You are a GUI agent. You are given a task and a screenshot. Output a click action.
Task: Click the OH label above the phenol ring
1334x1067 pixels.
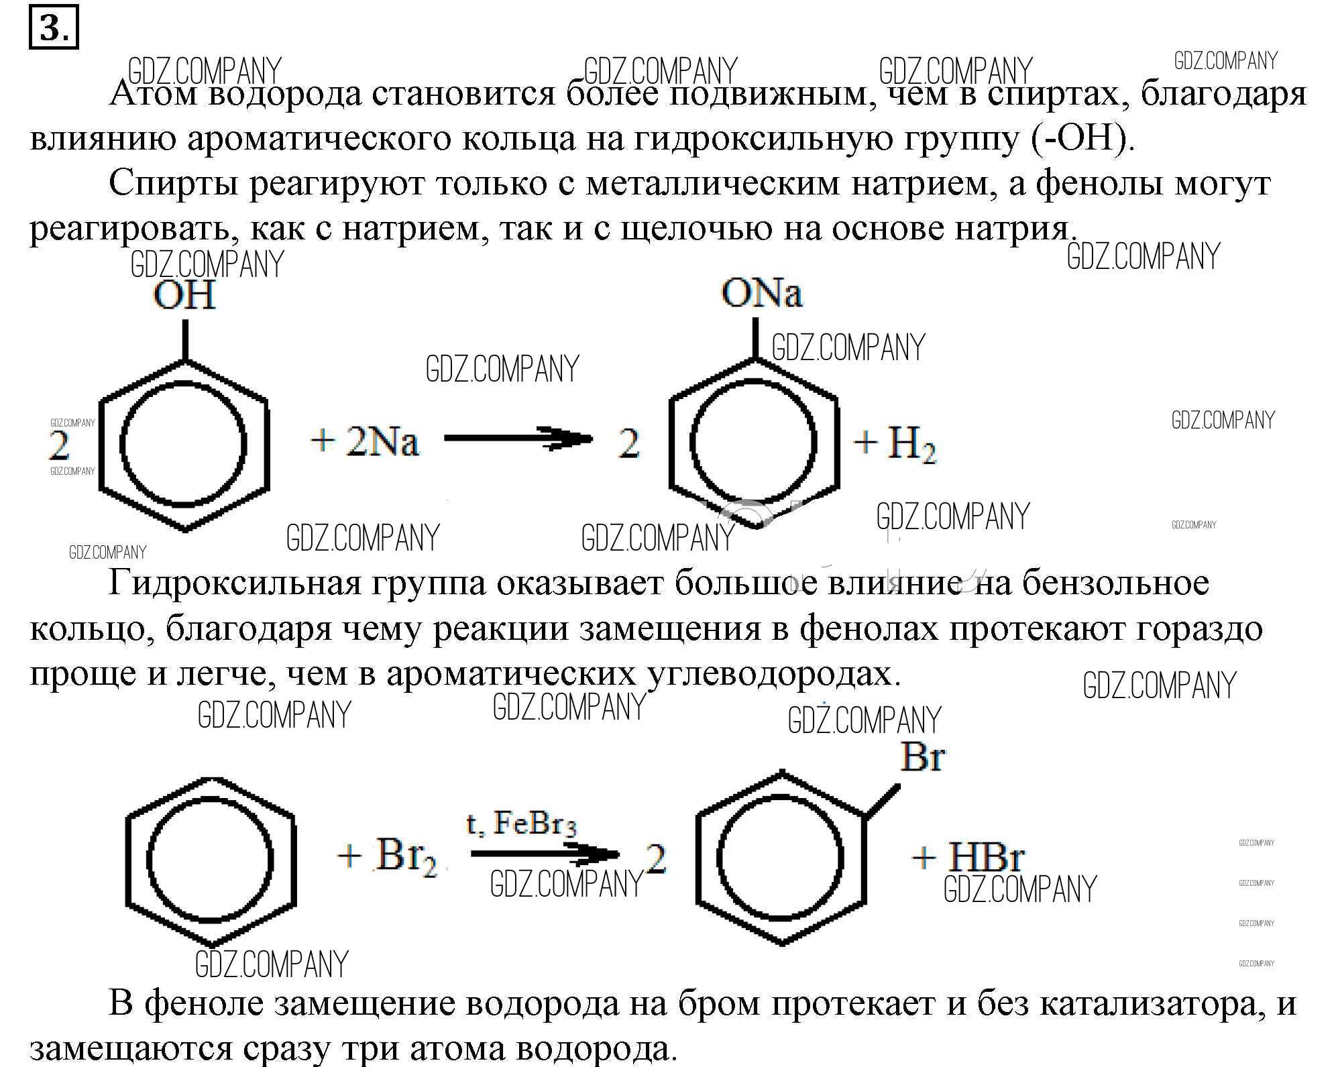tap(184, 296)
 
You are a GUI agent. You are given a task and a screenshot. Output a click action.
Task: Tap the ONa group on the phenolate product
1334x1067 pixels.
tap(762, 294)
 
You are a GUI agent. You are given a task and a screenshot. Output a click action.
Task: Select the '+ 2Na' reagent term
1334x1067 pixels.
tap(365, 442)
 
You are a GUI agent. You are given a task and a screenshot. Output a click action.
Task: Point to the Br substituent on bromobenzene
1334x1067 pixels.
tap(922, 756)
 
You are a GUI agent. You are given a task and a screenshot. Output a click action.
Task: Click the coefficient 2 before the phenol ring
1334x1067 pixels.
tap(60, 445)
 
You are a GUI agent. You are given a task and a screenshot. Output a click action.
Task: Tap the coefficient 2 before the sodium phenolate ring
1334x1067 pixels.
tap(628, 445)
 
